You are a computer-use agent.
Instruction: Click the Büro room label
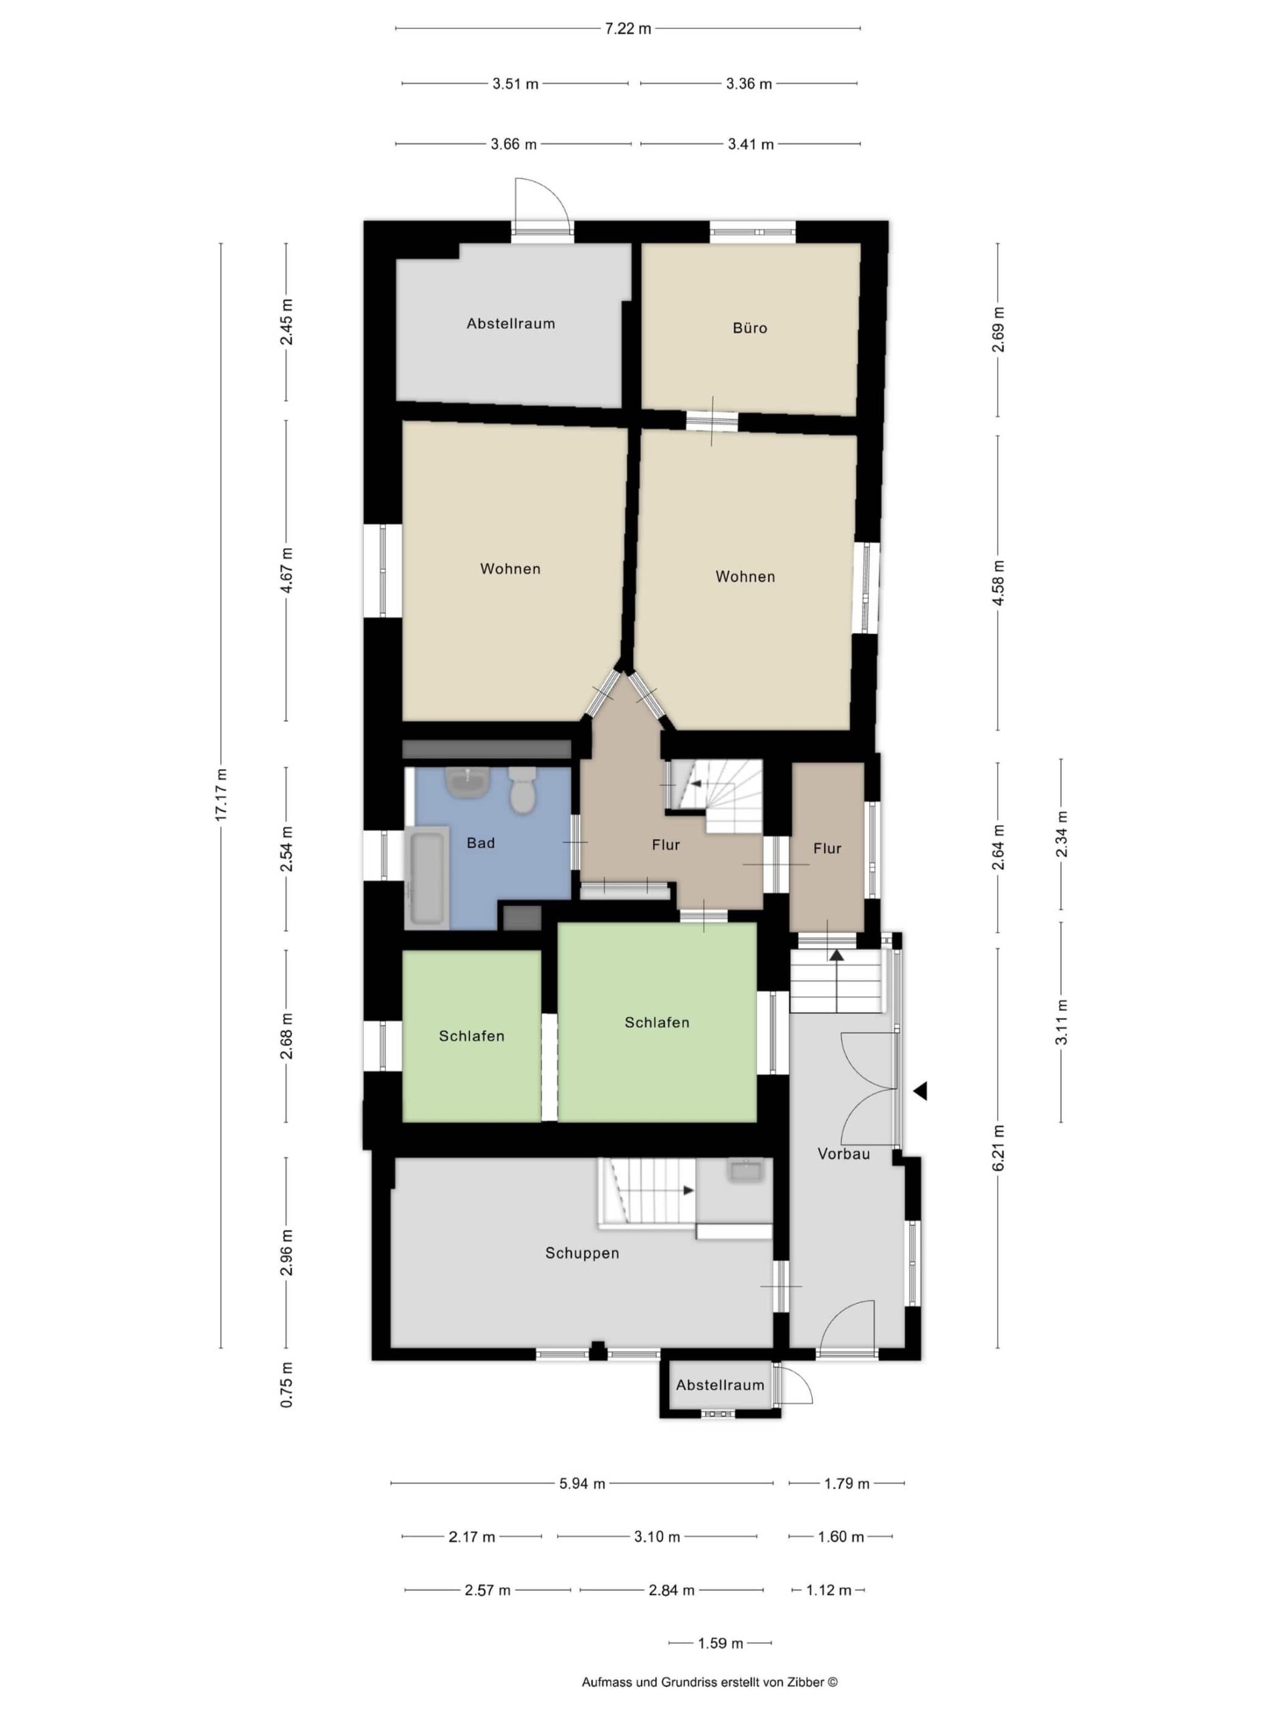point(750,328)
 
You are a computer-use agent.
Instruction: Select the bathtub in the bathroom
point(427,877)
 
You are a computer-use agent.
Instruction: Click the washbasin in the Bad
point(467,782)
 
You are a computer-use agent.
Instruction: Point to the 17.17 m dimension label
point(222,795)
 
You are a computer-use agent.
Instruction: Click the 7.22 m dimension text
point(628,29)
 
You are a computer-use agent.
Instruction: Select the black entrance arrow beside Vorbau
point(919,1091)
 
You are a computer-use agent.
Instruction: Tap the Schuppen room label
point(582,1253)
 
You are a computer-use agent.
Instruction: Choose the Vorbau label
point(844,1154)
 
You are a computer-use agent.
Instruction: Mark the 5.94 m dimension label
point(582,1483)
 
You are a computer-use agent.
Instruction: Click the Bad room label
point(481,843)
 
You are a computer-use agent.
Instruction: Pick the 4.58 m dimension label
point(998,583)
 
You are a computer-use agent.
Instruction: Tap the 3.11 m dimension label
point(1062,1021)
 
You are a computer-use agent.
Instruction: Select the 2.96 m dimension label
point(286,1251)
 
